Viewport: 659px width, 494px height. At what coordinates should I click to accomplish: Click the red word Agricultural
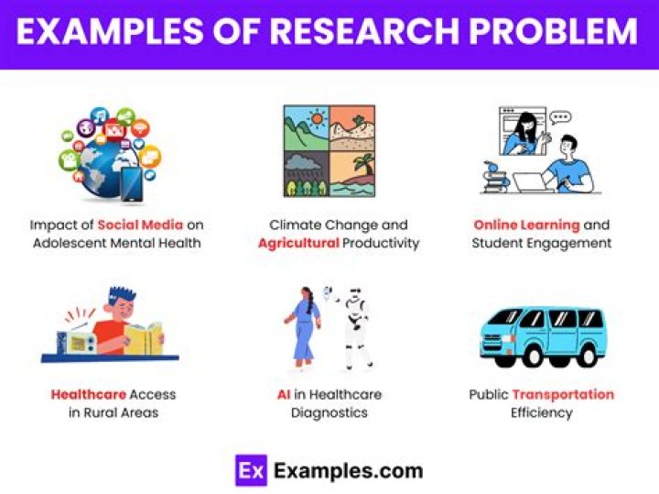[298, 244]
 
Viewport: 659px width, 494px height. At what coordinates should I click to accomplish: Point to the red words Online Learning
[526, 225]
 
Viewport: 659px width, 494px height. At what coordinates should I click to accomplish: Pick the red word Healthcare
[89, 395]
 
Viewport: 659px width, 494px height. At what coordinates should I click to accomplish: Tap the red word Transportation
[563, 395]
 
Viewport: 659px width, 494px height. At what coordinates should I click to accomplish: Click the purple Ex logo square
[249, 470]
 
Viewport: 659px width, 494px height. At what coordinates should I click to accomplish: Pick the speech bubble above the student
[560, 117]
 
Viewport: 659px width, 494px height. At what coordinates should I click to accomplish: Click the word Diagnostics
[329, 412]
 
